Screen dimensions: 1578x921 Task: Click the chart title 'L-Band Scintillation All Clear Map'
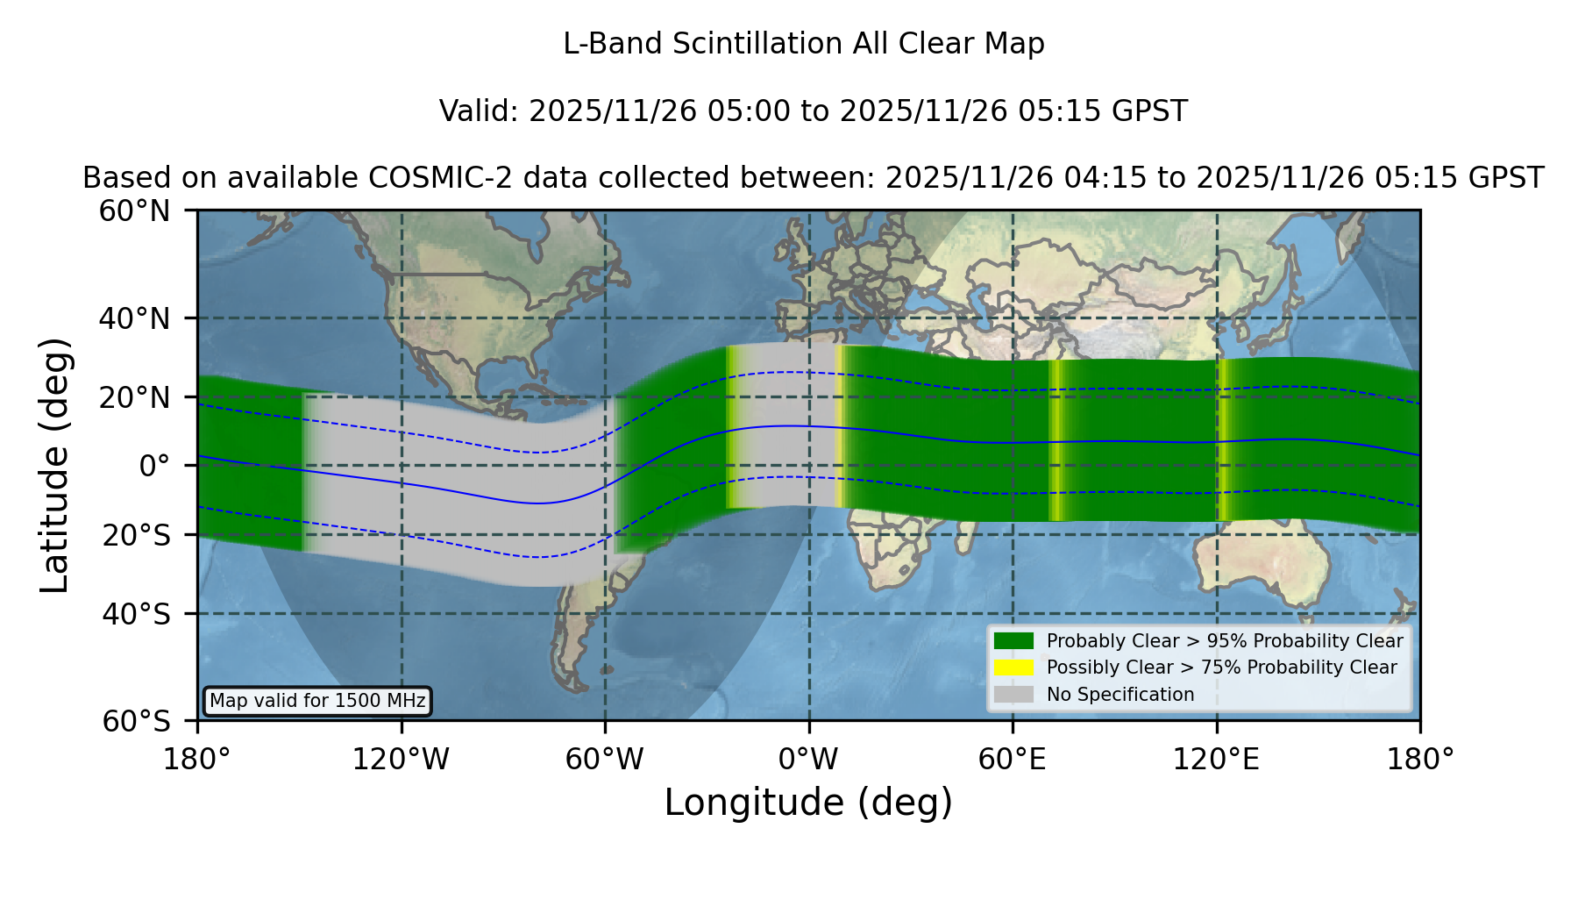[803, 44]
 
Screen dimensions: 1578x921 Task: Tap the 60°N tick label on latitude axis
[134, 211]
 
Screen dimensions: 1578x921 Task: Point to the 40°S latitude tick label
[136, 614]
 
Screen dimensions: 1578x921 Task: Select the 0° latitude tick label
[154, 466]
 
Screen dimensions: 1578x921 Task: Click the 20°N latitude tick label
[134, 397]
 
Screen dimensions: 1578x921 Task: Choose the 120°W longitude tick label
[402, 760]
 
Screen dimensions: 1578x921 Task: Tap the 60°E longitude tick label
[1013, 760]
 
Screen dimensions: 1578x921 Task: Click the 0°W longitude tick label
[809, 760]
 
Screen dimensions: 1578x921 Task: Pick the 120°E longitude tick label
[1216, 760]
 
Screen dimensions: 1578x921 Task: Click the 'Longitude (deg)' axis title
[808, 803]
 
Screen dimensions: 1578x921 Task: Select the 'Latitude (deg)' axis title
[54, 466]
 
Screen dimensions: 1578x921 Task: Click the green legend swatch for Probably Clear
[1013, 641]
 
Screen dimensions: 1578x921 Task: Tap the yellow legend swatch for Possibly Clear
[1013, 668]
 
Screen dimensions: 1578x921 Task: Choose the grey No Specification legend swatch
[1013, 695]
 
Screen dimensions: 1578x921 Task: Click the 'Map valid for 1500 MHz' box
[317, 701]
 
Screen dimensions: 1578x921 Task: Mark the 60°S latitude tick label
[136, 722]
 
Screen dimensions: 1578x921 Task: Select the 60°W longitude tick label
[605, 760]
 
